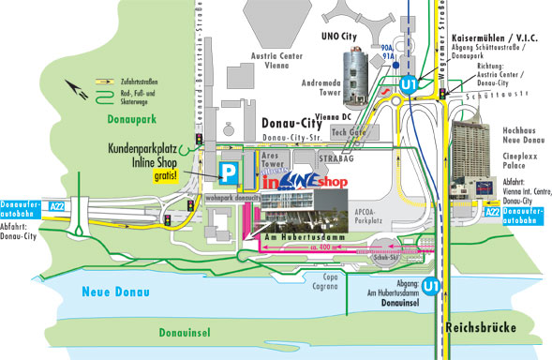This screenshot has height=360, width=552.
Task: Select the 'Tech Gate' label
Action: click(349, 132)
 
